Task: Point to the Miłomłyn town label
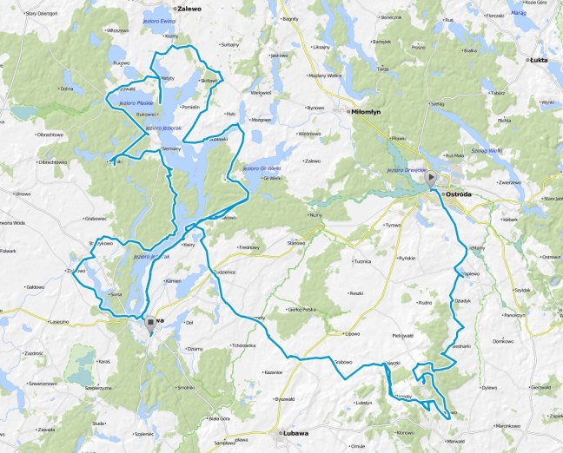coord(362,112)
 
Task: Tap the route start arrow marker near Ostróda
coord(432,174)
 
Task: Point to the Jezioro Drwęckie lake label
coord(404,170)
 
